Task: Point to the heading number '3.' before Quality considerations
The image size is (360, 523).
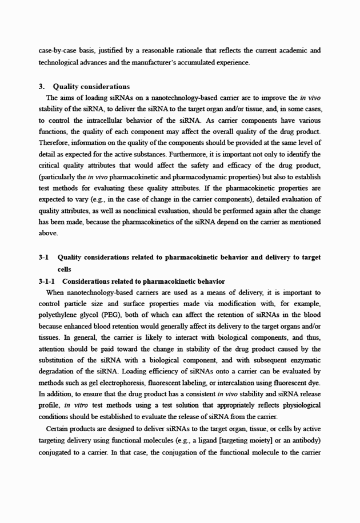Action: coord(42,87)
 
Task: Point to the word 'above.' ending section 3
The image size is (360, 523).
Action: coord(49,232)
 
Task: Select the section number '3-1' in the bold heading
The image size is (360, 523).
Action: coord(43,258)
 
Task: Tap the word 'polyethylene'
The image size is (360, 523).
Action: coord(58,315)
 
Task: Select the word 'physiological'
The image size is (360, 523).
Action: coord(299,405)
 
